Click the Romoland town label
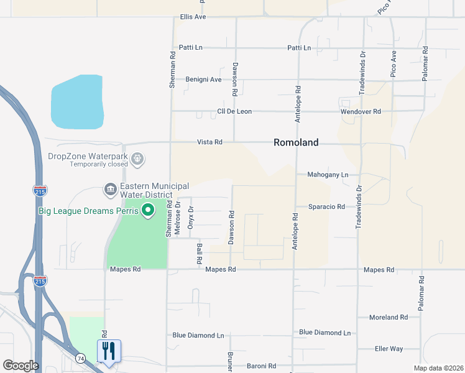click(x=296, y=142)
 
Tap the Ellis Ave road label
click(x=192, y=17)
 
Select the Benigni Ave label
click(x=203, y=80)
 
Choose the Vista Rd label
click(x=209, y=142)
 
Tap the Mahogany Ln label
click(x=328, y=175)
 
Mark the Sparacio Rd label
click(x=326, y=206)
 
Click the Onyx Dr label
click(x=191, y=218)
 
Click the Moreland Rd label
click(x=387, y=317)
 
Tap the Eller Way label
click(x=389, y=349)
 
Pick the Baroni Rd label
click(x=260, y=365)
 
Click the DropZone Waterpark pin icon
click(x=138, y=160)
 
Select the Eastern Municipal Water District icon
click(x=110, y=188)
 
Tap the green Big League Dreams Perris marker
click(x=148, y=211)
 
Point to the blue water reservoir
click(x=76, y=101)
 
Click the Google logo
click(x=21, y=366)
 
